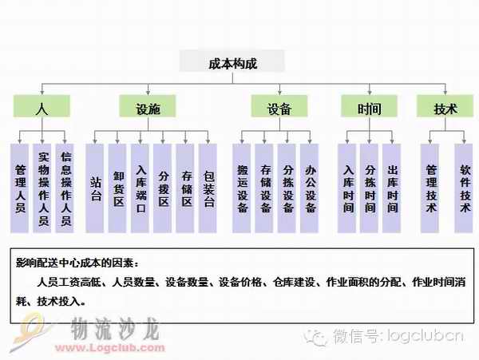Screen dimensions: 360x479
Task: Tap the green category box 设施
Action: coord(148,108)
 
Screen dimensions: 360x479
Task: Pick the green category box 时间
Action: coord(369,108)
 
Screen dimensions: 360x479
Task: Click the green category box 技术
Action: coord(445,108)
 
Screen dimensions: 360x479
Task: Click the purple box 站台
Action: coord(96,188)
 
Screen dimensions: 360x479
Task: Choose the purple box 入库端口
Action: coord(141,188)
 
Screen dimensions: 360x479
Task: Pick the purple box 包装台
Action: coord(208,188)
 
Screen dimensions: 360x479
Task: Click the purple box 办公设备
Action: coord(310,188)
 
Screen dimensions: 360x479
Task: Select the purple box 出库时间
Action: coord(392,188)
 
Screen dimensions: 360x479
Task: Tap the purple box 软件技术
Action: coord(465,188)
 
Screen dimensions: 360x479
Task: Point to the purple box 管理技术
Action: coord(431,188)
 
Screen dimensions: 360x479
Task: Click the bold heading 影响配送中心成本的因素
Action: coord(77,261)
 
